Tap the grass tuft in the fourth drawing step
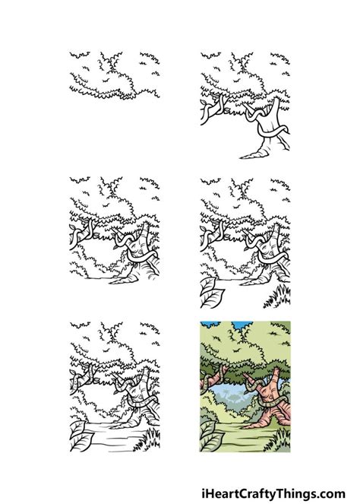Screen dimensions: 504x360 coord(286,293)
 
